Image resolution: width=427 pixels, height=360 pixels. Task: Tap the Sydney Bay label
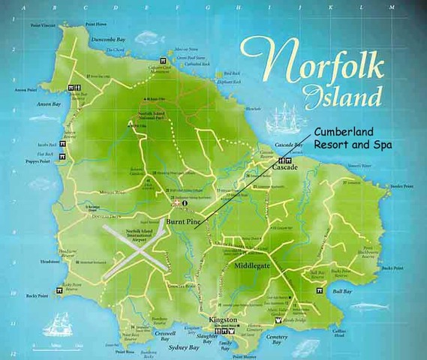coord(185,348)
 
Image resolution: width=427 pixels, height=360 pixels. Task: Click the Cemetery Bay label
coord(278,340)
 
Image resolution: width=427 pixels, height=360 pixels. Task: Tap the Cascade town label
coord(287,169)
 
